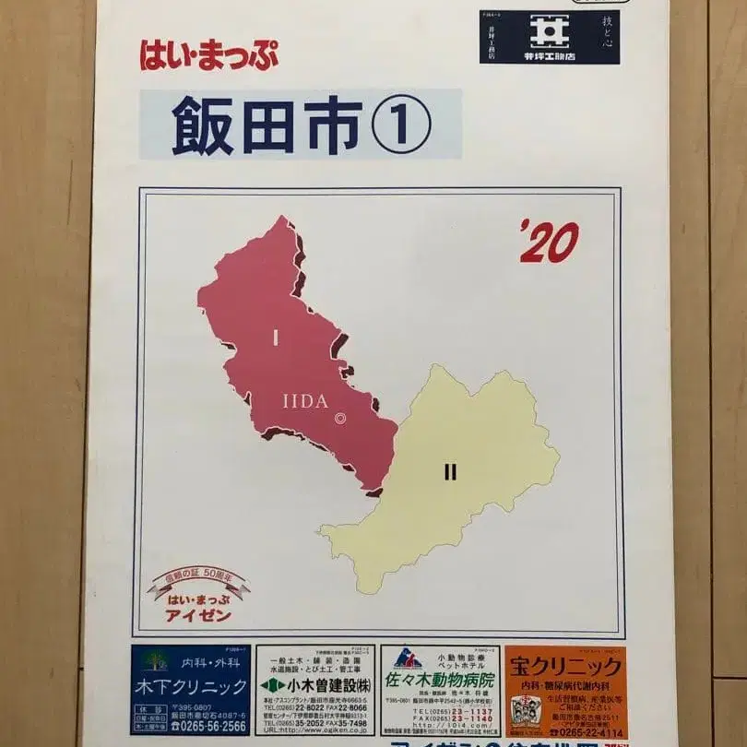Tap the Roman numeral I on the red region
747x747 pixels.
pos(275,338)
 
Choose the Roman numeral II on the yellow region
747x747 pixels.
pos(450,473)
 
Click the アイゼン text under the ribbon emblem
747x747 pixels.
pos(198,616)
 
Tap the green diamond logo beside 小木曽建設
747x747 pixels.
pos(269,686)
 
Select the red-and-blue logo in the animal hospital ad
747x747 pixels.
pos(407,658)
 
